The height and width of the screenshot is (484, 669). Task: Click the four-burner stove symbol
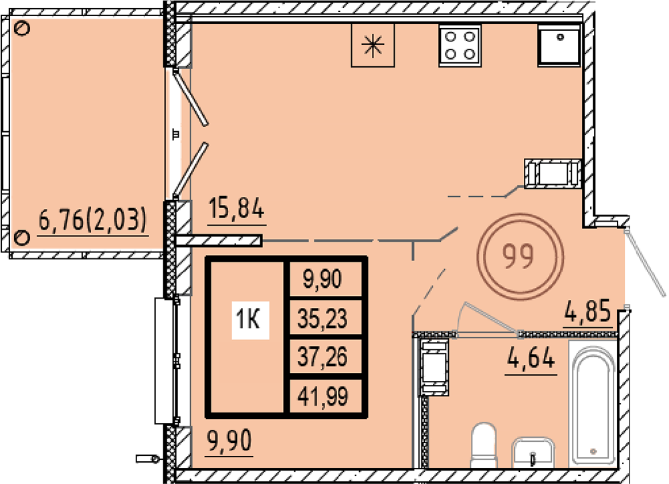pyautogui.click(x=460, y=46)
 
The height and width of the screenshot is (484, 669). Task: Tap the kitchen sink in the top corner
pyautogui.click(x=559, y=46)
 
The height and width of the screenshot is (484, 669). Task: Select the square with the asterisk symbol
pyautogui.click(x=373, y=46)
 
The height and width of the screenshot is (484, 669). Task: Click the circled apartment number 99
pyautogui.click(x=520, y=257)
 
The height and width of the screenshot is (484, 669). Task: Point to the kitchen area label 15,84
pyautogui.click(x=237, y=209)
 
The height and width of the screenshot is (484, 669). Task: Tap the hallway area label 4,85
pyautogui.click(x=588, y=312)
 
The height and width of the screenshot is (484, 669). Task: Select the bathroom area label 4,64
pyautogui.click(x=531, y=357)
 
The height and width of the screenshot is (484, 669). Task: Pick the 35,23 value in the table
pyautogui.click(x=322, y=319)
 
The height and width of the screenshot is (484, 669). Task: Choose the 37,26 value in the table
pyautogui.click(x=322, y=357)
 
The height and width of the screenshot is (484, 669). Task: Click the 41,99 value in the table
pyautogui.click(x=323, y=396)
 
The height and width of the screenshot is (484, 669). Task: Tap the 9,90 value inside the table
pyautogui.click(x=322, y=280)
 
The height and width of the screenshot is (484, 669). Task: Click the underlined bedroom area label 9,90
pyautogui.click(x=229, y=441)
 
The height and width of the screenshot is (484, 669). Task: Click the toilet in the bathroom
pyautogui.click(x=484, y=445)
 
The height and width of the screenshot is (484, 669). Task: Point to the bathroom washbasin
pyautogui.click(x=533, y=452)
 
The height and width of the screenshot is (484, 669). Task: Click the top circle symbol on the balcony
pyautogui.click(x=22, y=29)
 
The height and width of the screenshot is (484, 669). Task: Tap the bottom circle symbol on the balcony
pyautogui.click(x=22, y=237)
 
